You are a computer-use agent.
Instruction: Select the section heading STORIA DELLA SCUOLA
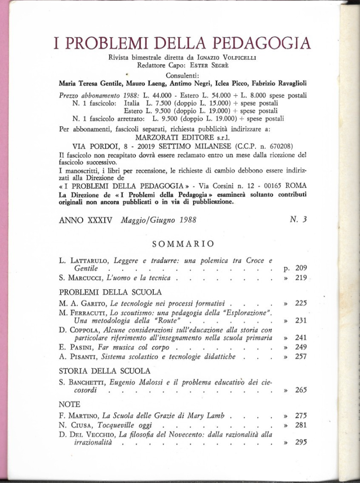point(104,371)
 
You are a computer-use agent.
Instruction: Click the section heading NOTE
point(70,404)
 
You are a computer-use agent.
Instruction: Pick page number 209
point(300,268)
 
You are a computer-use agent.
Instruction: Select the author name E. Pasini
point(76,347)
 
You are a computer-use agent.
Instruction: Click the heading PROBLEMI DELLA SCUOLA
point(110,292)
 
